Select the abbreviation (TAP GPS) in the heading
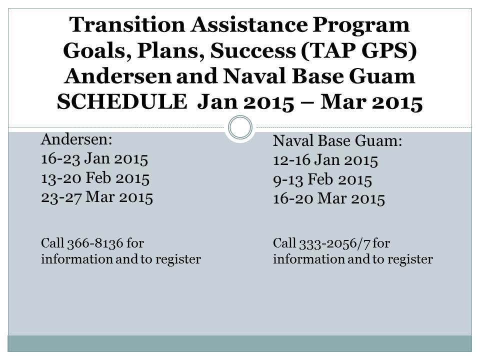[x=359, y=50]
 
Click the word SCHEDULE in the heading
[x=122, y=101]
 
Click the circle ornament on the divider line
[x=240, y=127]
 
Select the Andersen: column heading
[x=77, y=139]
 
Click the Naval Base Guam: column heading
[x=337, y=141]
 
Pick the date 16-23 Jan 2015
[x=94, y=158]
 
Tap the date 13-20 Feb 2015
[x=95, y=178]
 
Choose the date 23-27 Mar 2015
[x=96, y=197]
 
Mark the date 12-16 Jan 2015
[x=325, y=160]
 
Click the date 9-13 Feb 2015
[x=322, y=179]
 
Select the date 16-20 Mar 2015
[x=329, y=198]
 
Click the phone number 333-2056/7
[x=335, y=243]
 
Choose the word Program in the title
[x=361, y=25]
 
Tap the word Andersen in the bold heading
[x=118, y=76]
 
